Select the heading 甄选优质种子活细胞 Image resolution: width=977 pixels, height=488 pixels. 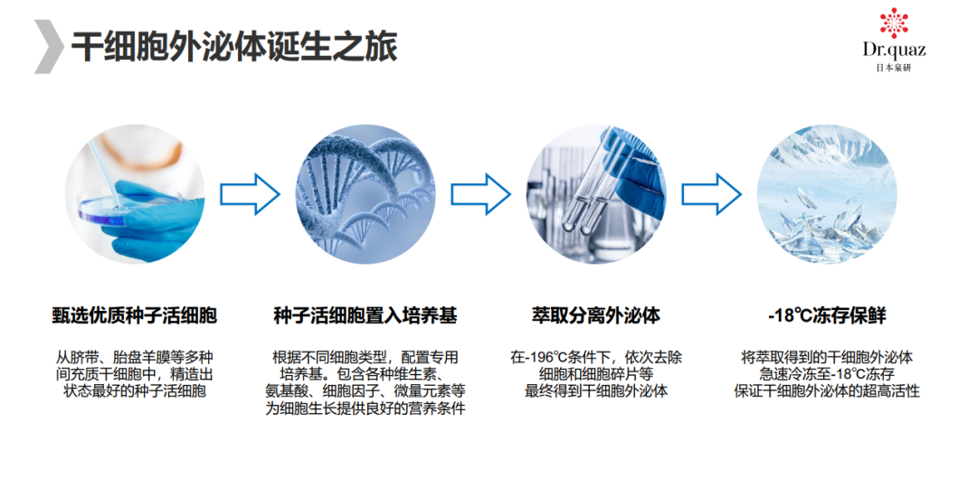135,315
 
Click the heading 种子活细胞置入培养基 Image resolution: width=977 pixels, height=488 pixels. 365,315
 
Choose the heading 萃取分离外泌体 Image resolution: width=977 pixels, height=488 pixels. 595,315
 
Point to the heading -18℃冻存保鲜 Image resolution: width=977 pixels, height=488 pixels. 826,315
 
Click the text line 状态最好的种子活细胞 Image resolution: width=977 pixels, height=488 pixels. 135,391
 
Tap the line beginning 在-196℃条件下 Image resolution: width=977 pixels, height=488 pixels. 595,357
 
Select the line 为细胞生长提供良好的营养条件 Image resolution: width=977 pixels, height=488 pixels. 365,408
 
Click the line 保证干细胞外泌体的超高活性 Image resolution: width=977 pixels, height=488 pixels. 826,391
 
